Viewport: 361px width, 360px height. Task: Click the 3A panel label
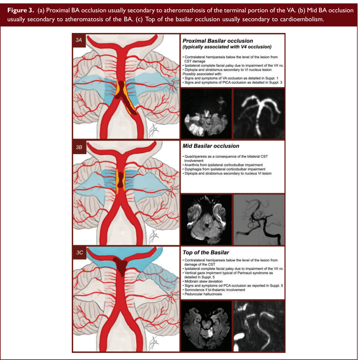[x=79, y=40]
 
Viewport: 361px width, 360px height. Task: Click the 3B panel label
[x=79, y=147]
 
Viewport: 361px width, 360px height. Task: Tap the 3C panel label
[x=79, y=253]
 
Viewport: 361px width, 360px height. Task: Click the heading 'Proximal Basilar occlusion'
[x=217, y=41]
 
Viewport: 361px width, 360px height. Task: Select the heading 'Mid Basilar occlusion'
[x=211, y=146]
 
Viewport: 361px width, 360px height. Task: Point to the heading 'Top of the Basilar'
[x=205, y=253]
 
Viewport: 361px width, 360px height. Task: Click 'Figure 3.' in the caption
[x=21, y=10]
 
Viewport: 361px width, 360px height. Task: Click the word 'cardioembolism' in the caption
[x=302, y=19]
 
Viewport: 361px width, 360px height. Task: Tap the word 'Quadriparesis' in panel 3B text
[x=196, y=156]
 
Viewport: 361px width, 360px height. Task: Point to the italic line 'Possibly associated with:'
[x=202, y=74]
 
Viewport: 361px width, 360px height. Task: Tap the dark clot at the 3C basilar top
[x=121, y=265]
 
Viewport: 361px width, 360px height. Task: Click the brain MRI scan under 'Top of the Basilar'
[x=206, y=326]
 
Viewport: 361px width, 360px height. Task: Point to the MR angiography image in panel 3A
[x=259, y=114]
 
